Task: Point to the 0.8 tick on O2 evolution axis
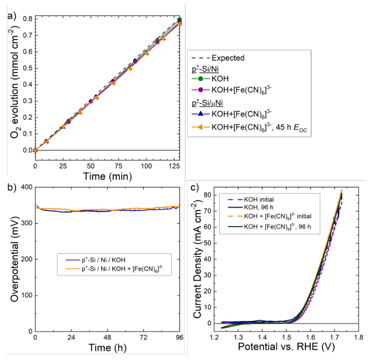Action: point(27,19)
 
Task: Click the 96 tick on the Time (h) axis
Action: point(179,337)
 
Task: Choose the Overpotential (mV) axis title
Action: point(10,260)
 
